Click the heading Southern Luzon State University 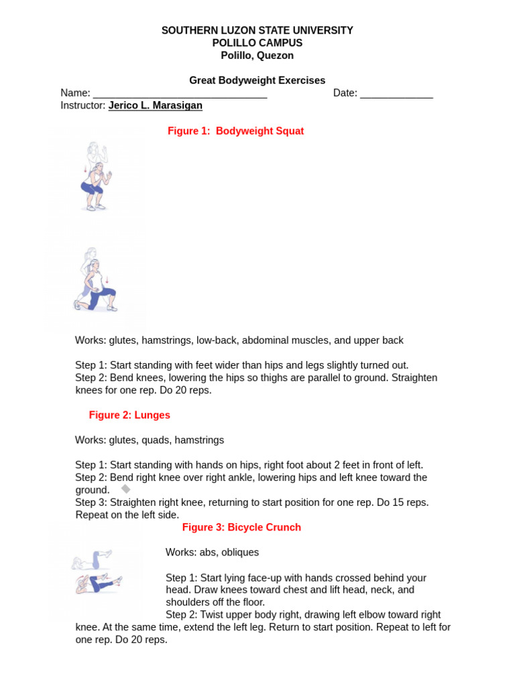pyautogui.click(x=257, y=31)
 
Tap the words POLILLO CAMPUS pyautogui.click(x=257, y=43)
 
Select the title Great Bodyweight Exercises pyautogui.click(x=257, y=80)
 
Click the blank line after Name pyautogui.click(x=180, y=94)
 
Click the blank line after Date pyautogui.click(x=396, y=94)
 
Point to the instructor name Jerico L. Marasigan pyautogui.click(x=155, y=106)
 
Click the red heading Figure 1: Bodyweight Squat pyautogui.click(x=235, y=131)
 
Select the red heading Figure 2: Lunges pyautogui.click(x=129, y=415)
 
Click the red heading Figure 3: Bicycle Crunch pyautogui.click(x=241, y=528)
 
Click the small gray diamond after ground pyautogui.click(x=125, y=489)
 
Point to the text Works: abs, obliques pyautogui.click(x=212, y=553)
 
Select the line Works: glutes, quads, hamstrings pyautogui.click(x=150, y=440)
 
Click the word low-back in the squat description pyautogui.click(x=216, y=340)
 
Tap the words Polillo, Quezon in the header pyautogui.click(x=257, y=56)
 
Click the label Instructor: pyautogui.click(x=82, y=106)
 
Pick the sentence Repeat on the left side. pyautogui.click(x=127, y=515)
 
